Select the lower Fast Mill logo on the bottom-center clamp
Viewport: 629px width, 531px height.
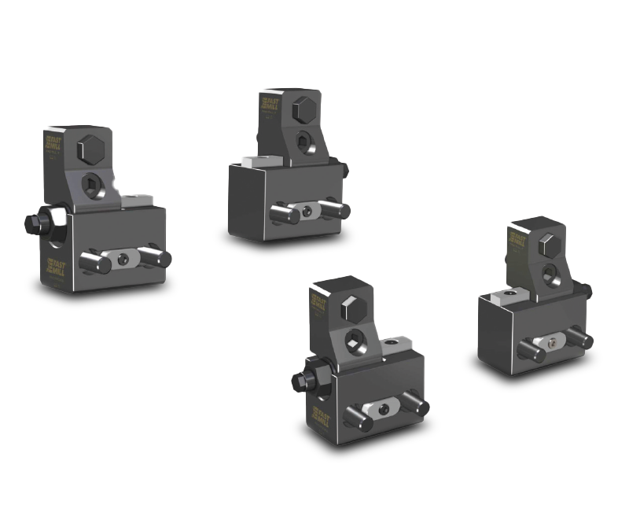click(x=320, y=416)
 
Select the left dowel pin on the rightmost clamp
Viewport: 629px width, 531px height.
click(x=532, y=352)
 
